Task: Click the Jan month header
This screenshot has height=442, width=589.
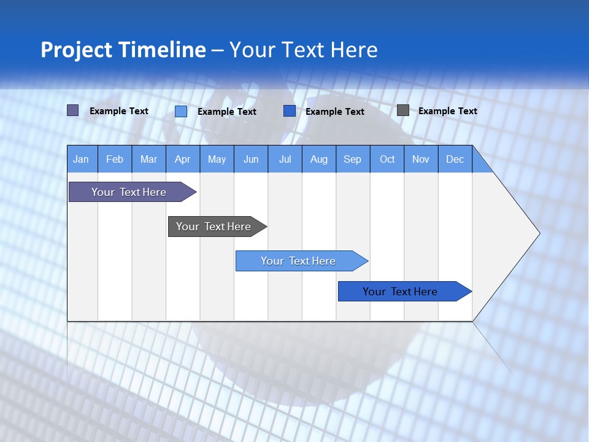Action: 81,159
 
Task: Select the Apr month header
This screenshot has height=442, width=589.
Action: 182,159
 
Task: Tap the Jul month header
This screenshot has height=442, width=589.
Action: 285,159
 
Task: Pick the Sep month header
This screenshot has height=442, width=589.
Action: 352,159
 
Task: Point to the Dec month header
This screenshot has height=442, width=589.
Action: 455,159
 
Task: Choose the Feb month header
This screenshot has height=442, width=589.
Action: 115,159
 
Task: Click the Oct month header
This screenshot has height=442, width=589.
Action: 387,159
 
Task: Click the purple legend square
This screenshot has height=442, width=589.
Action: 73,110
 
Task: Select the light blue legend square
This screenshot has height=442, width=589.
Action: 181,111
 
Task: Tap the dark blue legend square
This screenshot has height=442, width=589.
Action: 290,111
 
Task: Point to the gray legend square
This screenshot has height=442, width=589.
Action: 403,110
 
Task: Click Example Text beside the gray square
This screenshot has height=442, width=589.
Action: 447,111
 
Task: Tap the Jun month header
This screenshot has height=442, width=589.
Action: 251,159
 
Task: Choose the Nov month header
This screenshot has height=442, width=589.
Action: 421,159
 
